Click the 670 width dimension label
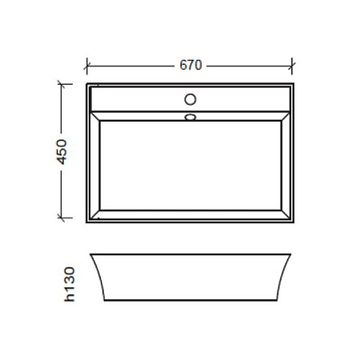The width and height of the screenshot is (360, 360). point(190,65)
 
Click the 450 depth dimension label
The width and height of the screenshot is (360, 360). point(62,152)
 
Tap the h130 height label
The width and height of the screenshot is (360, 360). point(70,284)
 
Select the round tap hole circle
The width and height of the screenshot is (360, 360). point(190,99)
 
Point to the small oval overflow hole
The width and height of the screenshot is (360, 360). point(190,117)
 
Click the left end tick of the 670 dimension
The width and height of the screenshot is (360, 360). point(87,66)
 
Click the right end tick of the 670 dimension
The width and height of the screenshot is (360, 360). point(292,66)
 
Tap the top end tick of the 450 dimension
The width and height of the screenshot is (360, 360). point(62,84)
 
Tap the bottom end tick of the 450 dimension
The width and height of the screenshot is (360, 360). point(62,218)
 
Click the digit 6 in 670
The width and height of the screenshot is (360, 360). point(183,65)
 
